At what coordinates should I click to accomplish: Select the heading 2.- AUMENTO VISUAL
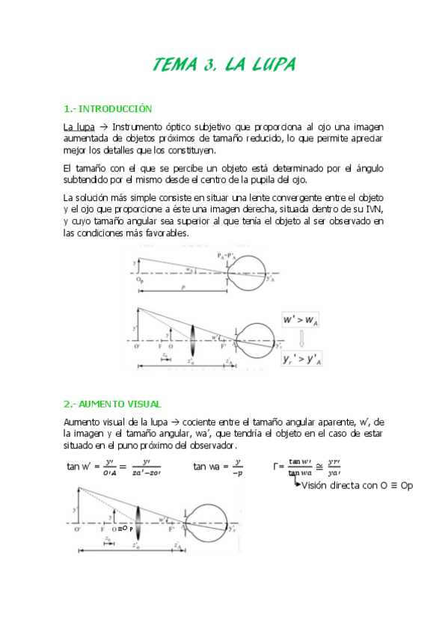click(x=112, y=404)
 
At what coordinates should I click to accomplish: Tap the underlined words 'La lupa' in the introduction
click(x=79, y=126)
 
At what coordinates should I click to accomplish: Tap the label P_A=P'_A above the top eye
click(x=225, y=255)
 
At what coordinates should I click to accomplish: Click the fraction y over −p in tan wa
click(x=238, y=467)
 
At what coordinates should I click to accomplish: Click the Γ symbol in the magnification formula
click(x=278, y=467)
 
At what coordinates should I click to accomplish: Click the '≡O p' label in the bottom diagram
click(x=126, y=528)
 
